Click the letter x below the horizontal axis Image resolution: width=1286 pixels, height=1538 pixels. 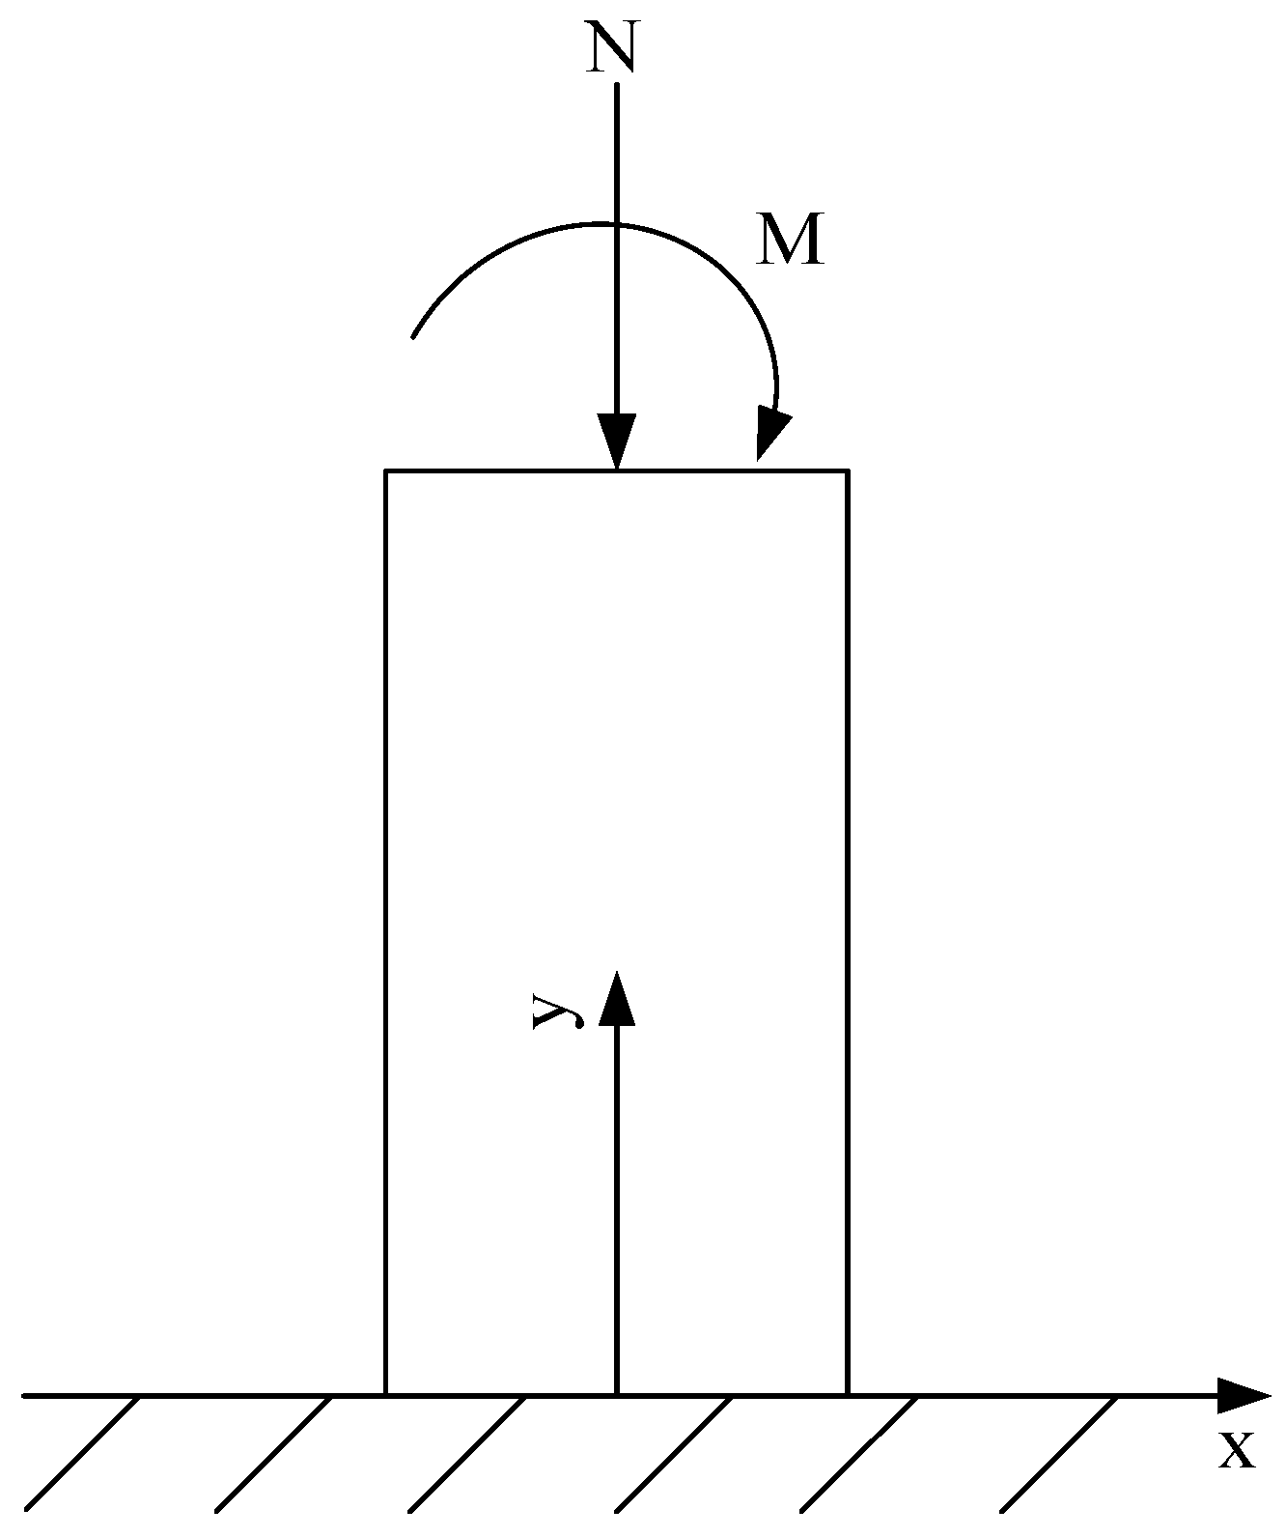pyautogui.click(x=1237, y=1449)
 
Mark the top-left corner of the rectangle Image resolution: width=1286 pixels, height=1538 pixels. pyautogui.click(x=386, y=471)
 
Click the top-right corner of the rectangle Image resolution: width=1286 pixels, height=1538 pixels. pyautogui.click(x=847, y=471)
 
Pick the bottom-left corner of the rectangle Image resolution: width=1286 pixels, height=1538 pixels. pyautogui.click(x=386, y=1395)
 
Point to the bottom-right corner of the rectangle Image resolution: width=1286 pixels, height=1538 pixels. pyautogui.click(x=847, y=1395)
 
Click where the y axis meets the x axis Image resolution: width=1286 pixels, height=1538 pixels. pyautogui.click(x=616, y=1395)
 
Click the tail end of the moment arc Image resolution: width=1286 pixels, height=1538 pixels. pyautogui.click(x=414, y=336)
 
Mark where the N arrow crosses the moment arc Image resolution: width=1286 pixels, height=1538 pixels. pyautogui.click(x=616, y=224)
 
